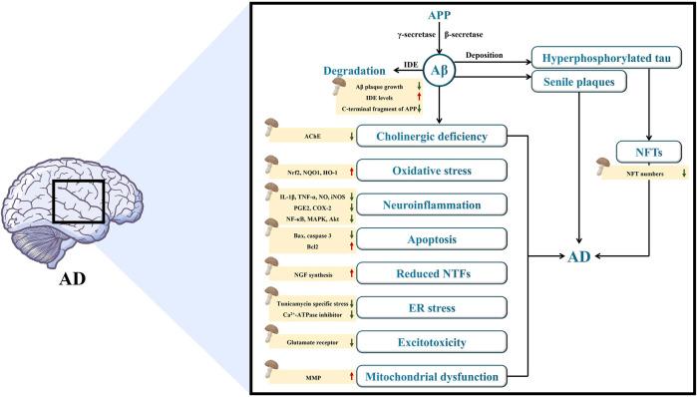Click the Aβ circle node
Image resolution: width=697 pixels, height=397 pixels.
tap(440, 71)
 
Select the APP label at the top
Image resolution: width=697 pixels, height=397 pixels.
tap(440, 16)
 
